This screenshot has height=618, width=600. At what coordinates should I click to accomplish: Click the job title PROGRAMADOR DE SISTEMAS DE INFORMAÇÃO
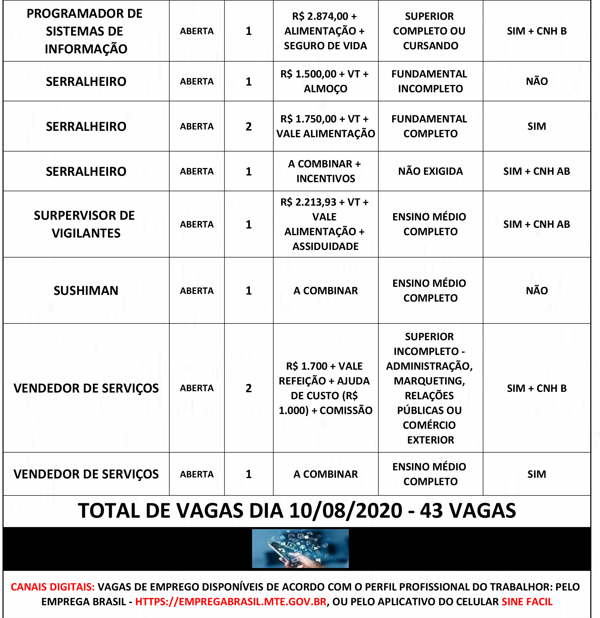(x=86, y=31)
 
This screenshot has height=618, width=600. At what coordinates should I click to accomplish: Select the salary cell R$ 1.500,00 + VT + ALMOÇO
(x=325, y=81)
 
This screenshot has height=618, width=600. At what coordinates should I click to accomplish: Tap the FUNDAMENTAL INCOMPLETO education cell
(x=430, y=81)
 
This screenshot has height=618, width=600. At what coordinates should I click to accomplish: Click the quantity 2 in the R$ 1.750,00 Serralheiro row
(x=249, y=126)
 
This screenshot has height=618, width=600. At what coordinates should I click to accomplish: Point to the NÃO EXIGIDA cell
(x=430, y=171)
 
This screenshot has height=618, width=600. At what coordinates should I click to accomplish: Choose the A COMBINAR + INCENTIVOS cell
(x=325, y=171)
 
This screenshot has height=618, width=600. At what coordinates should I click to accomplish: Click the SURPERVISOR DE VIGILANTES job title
(x=85, y=224)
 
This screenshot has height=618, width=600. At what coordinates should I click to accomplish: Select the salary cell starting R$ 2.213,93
(x=325, y=224)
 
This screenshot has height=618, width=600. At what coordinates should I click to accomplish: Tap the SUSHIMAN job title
(x=86, y=291)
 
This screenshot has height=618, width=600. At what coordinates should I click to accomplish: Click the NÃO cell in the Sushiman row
(x=537, y=291)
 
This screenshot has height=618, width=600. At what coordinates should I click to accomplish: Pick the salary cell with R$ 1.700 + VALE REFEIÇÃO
(x=325, y=388)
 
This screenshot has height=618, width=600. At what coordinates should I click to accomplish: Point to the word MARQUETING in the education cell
(x=429, y=381)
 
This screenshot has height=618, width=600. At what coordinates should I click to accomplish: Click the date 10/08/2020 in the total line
(x=345, y=511)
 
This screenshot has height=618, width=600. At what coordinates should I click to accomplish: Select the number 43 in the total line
(x=431, y=511)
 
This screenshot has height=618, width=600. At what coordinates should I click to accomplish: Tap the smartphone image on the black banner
(x=300, y=549)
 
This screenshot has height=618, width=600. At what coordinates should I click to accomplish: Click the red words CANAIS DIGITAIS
(x=53, y=587)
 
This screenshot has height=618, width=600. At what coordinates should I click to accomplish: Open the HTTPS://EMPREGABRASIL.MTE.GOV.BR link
(x=231, y=602)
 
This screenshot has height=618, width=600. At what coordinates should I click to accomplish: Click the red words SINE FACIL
(x=527, y=602)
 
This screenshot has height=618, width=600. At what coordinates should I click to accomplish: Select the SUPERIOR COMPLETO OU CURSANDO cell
(x=430, y=31)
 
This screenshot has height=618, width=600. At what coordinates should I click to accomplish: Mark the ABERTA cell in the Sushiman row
(x=197, y=291)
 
